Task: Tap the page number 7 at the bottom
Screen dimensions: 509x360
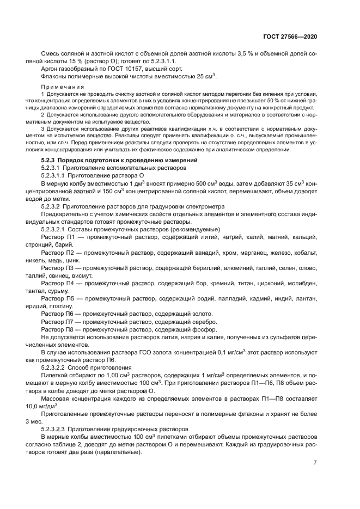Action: tap(315, 463)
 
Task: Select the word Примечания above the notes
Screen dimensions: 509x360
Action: tap(58, 87)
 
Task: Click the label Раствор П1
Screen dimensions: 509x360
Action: tap(57, 238)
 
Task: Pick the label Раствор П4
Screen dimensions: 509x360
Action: tap(57, 284)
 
